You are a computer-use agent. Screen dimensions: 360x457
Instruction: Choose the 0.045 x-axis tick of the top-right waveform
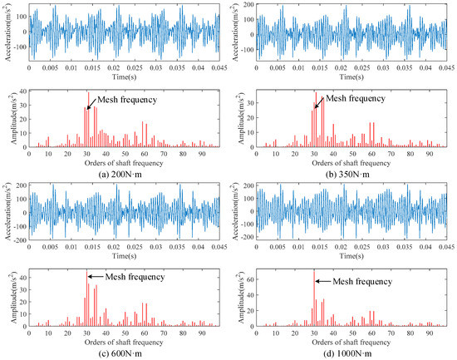point(447,68)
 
